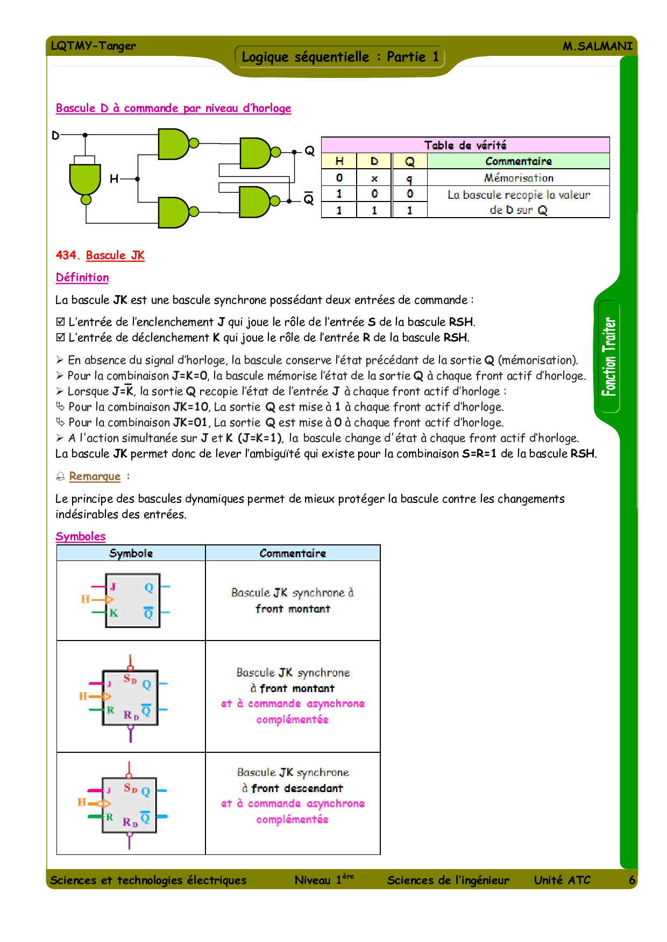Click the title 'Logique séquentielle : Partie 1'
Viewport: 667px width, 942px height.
point(339,57)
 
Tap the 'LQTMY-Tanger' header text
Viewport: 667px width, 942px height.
point(93,46)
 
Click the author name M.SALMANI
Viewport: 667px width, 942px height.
point(597,46)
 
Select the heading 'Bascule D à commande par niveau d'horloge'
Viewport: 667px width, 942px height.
point(173,108)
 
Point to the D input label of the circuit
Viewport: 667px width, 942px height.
point(55,135)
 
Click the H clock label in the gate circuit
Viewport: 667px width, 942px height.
point(114,178)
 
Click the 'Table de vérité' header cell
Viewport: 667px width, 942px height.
point(465,145)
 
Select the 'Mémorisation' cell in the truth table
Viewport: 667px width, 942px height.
point(518,178)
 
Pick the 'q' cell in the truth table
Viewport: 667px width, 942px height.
point(409,178)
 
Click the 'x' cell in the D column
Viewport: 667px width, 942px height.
point(374,178)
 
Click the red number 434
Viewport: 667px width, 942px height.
point(67,255)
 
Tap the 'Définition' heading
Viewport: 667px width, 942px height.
point(82,277)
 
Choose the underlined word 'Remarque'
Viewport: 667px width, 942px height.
point(95,476)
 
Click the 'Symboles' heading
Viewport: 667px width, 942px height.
point(81,536)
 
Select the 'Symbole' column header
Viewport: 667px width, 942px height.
point(131,553)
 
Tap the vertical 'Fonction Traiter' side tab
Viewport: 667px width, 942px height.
point(609,356)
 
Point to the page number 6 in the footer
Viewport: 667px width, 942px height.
point(632,880)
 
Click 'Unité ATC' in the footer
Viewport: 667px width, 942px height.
point(562,880)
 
